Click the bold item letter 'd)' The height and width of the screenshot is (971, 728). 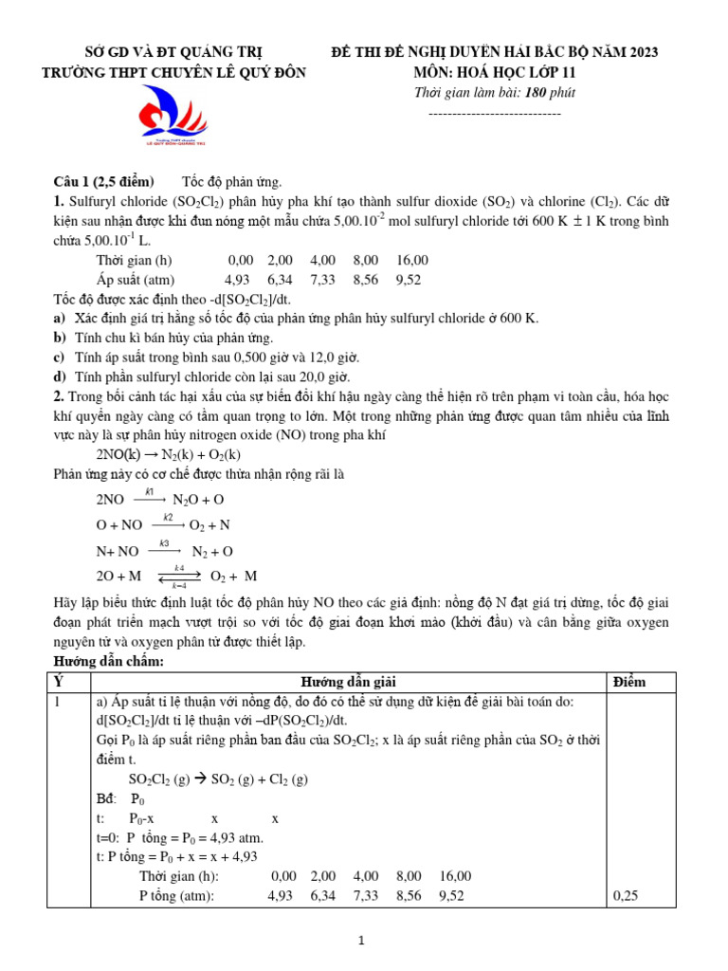coord(60,376)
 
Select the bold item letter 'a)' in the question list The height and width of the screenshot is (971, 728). coord(60,319)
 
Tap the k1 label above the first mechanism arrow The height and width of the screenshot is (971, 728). coord(149,491)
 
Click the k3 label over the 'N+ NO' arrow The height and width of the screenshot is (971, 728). coord(164,543)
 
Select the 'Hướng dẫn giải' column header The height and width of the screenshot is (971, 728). coord(348,682)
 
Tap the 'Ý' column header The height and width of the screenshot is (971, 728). coord(59,682)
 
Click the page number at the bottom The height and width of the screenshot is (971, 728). coord(361,941)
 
